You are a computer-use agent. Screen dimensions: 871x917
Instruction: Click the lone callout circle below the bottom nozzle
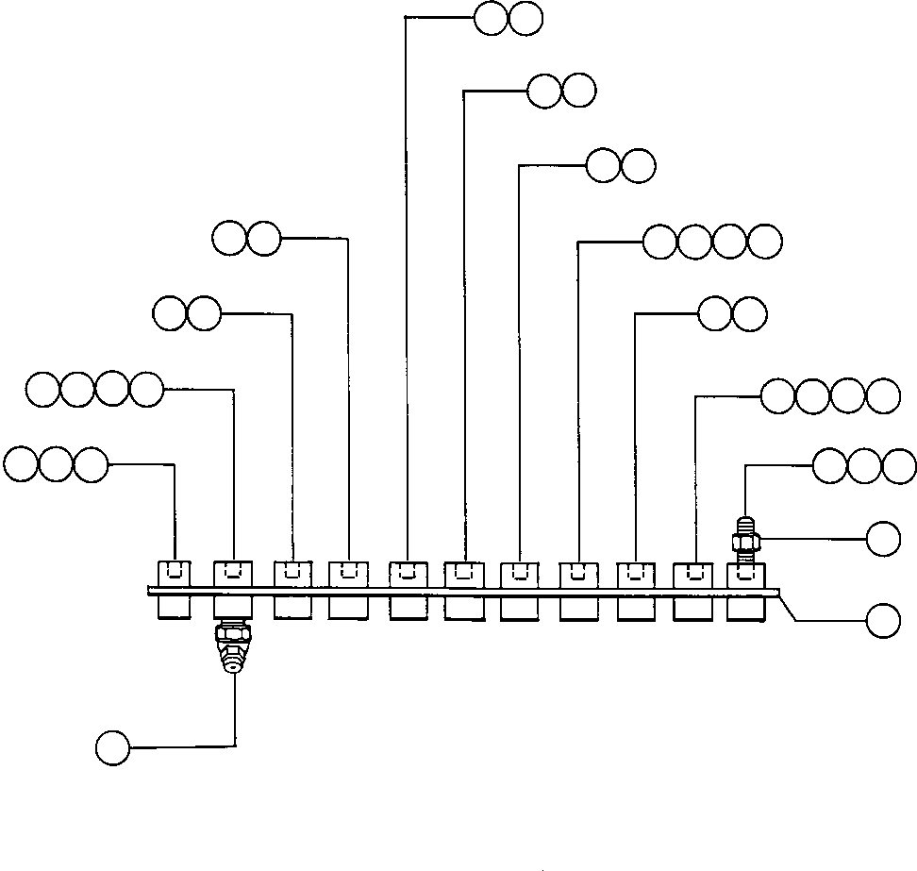pos(112,747)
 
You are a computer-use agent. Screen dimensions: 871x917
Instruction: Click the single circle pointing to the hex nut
pos(884,539)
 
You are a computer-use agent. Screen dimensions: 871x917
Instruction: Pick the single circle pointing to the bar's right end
pos(884,621)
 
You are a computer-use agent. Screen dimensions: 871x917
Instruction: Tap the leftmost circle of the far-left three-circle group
pos(21,464)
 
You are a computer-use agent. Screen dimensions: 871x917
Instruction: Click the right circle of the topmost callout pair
pos(526,19)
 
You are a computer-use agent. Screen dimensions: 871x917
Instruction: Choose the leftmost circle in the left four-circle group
pos(44,389)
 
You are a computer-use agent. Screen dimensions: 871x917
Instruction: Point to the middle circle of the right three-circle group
pos(865,466)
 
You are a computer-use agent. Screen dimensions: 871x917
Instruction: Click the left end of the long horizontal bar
pos(150,592)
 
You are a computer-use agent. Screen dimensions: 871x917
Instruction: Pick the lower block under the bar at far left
pos(174,608)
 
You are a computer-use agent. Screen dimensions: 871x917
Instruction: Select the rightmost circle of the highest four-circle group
pos(765,243)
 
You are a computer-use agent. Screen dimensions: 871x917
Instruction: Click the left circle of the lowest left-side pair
pos(170,313)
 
